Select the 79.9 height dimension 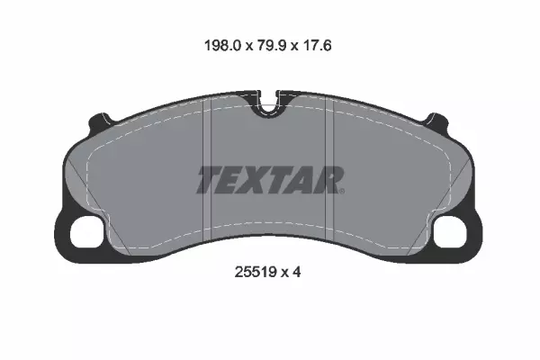pyautogui.click(x=272, y=46)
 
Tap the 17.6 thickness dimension pyautogui.click(x=317, y=46)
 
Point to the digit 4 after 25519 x pyautogui.click(x=296, y=272)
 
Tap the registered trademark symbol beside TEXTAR pyautogui.click(x=342, y=191)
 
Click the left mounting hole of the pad pyautogui.click(x=86, y=232)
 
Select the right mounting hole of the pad pyautogui.click(x=450, y=232)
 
